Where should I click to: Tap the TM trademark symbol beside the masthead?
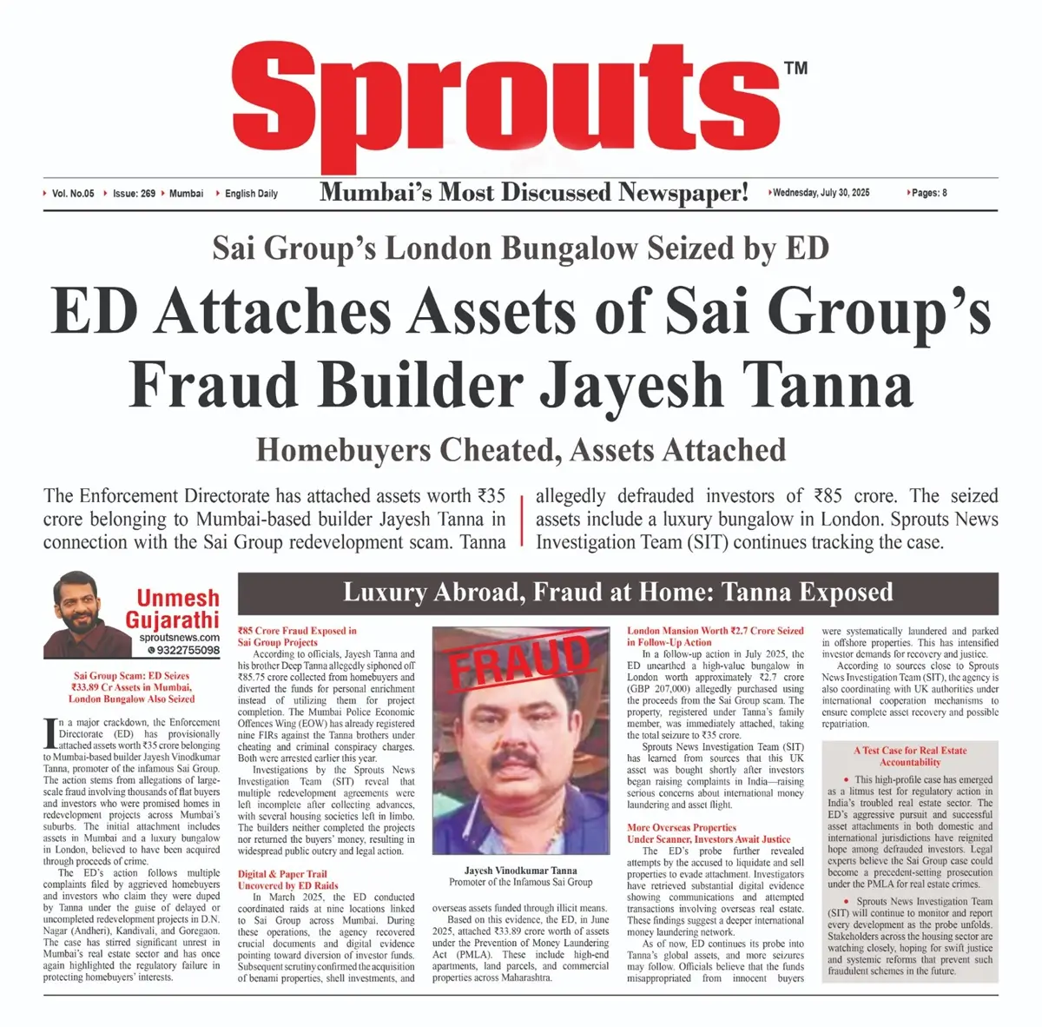coord(795,68)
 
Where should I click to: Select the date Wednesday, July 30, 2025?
coord(821,193)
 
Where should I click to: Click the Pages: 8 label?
coord(928,193)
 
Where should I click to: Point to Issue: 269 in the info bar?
coord(134,193)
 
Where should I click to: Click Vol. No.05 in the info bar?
coord(73,193)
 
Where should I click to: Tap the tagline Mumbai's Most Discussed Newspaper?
coord(533,192)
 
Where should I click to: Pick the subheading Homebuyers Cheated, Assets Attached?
coord(521,450)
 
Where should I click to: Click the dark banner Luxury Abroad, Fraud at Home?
coord(617,593)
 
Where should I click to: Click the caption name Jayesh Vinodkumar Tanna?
coord(520,870)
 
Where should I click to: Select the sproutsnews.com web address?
coord(179,638)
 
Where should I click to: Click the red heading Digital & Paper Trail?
coord(282,874)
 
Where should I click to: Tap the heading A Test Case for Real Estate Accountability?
coord(909,756)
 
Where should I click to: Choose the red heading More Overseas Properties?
coord(682,827)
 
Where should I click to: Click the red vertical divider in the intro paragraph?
coord(521,520)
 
